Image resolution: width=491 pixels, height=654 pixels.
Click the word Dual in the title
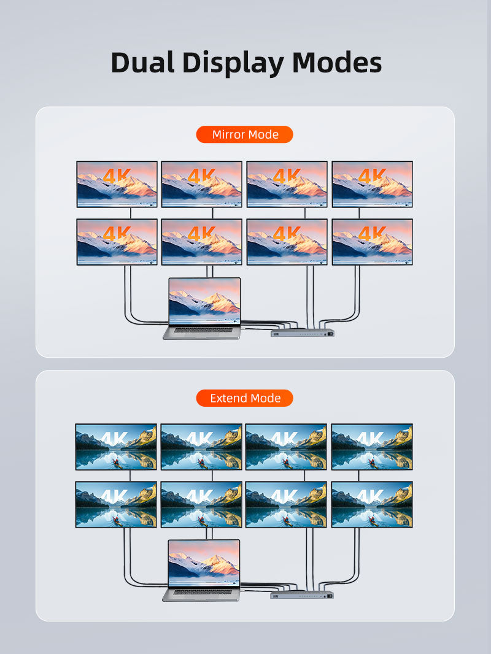coord(142,63)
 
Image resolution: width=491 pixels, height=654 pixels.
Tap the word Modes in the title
coord(336,63)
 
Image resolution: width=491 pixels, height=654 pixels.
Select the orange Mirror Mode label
coord(245,134)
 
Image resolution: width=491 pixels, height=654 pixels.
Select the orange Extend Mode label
coord(245,398)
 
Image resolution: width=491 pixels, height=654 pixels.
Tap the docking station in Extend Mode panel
coord(303,594)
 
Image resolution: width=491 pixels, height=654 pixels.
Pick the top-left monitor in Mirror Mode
coord(117,184)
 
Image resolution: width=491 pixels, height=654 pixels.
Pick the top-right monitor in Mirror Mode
coord(373,184)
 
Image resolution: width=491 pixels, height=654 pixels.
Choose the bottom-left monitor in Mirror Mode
coord(117,242)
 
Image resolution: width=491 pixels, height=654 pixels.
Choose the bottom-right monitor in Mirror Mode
coord(373,242)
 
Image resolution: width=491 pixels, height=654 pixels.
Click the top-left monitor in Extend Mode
coord(116,447)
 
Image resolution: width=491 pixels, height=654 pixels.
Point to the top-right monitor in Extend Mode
coord(372,447)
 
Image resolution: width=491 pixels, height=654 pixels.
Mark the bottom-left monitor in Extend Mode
coord(116,504)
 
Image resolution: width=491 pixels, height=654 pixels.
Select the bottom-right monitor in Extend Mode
coord(372,504)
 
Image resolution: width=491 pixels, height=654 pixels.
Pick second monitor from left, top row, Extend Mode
coord(201,447)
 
